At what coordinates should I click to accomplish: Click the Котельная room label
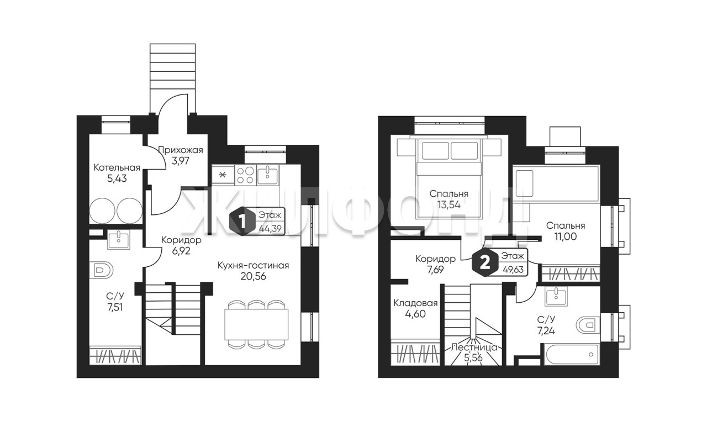tap(117, 167)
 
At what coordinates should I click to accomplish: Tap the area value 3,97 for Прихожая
tap(180, 161)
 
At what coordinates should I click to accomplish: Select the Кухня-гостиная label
tap(253, 266)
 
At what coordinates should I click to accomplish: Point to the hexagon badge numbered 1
tap(242, 221)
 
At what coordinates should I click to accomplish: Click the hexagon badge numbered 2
tap(484, 263)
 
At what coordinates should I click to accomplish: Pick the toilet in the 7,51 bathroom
tap(101, 270)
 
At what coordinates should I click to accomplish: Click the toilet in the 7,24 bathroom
tap(588, 324)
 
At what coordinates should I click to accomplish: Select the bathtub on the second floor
tap(571, 354)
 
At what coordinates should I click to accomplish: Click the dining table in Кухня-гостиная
tap(256, 324)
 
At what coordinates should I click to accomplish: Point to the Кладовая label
tap(415, 303)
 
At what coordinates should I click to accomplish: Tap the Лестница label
tap(474, 348)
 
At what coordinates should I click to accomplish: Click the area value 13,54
tap(449, 204)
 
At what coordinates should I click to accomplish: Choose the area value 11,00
tap(566, 236)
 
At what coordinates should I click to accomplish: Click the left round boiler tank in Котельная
tap(102, 210)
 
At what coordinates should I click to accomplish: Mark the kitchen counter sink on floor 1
tap(268, 176)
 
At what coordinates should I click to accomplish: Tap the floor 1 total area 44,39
tap(270, 228)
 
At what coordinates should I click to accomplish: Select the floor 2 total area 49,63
tap(513, 270)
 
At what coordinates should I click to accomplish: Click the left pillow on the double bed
tap(435, 151)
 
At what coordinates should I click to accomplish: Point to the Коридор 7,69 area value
tap(435, 270)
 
